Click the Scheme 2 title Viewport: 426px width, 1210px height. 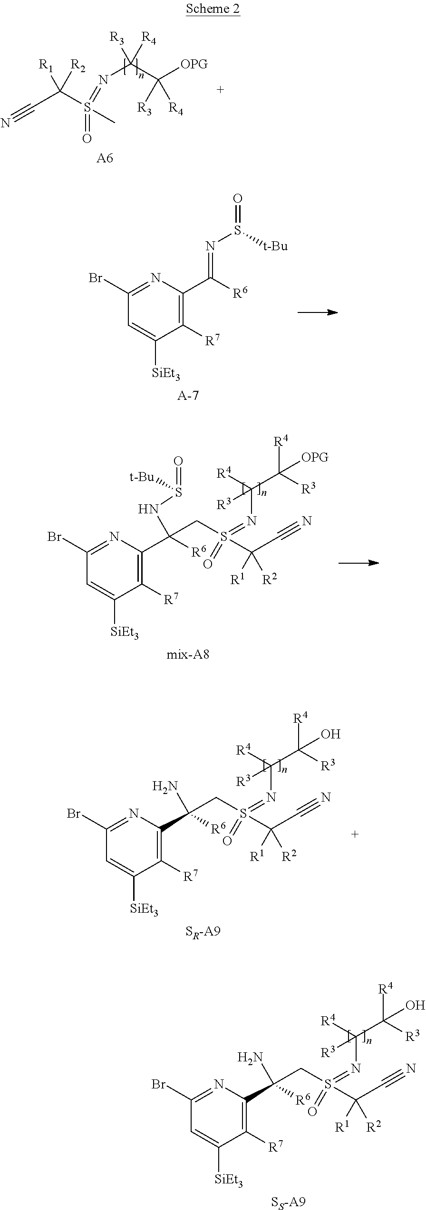tap(213, 9)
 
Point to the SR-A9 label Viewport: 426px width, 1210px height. tap(203, 932)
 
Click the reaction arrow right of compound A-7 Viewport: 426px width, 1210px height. tap(317, 312)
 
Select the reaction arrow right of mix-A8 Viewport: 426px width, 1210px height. tap(358, 563)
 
